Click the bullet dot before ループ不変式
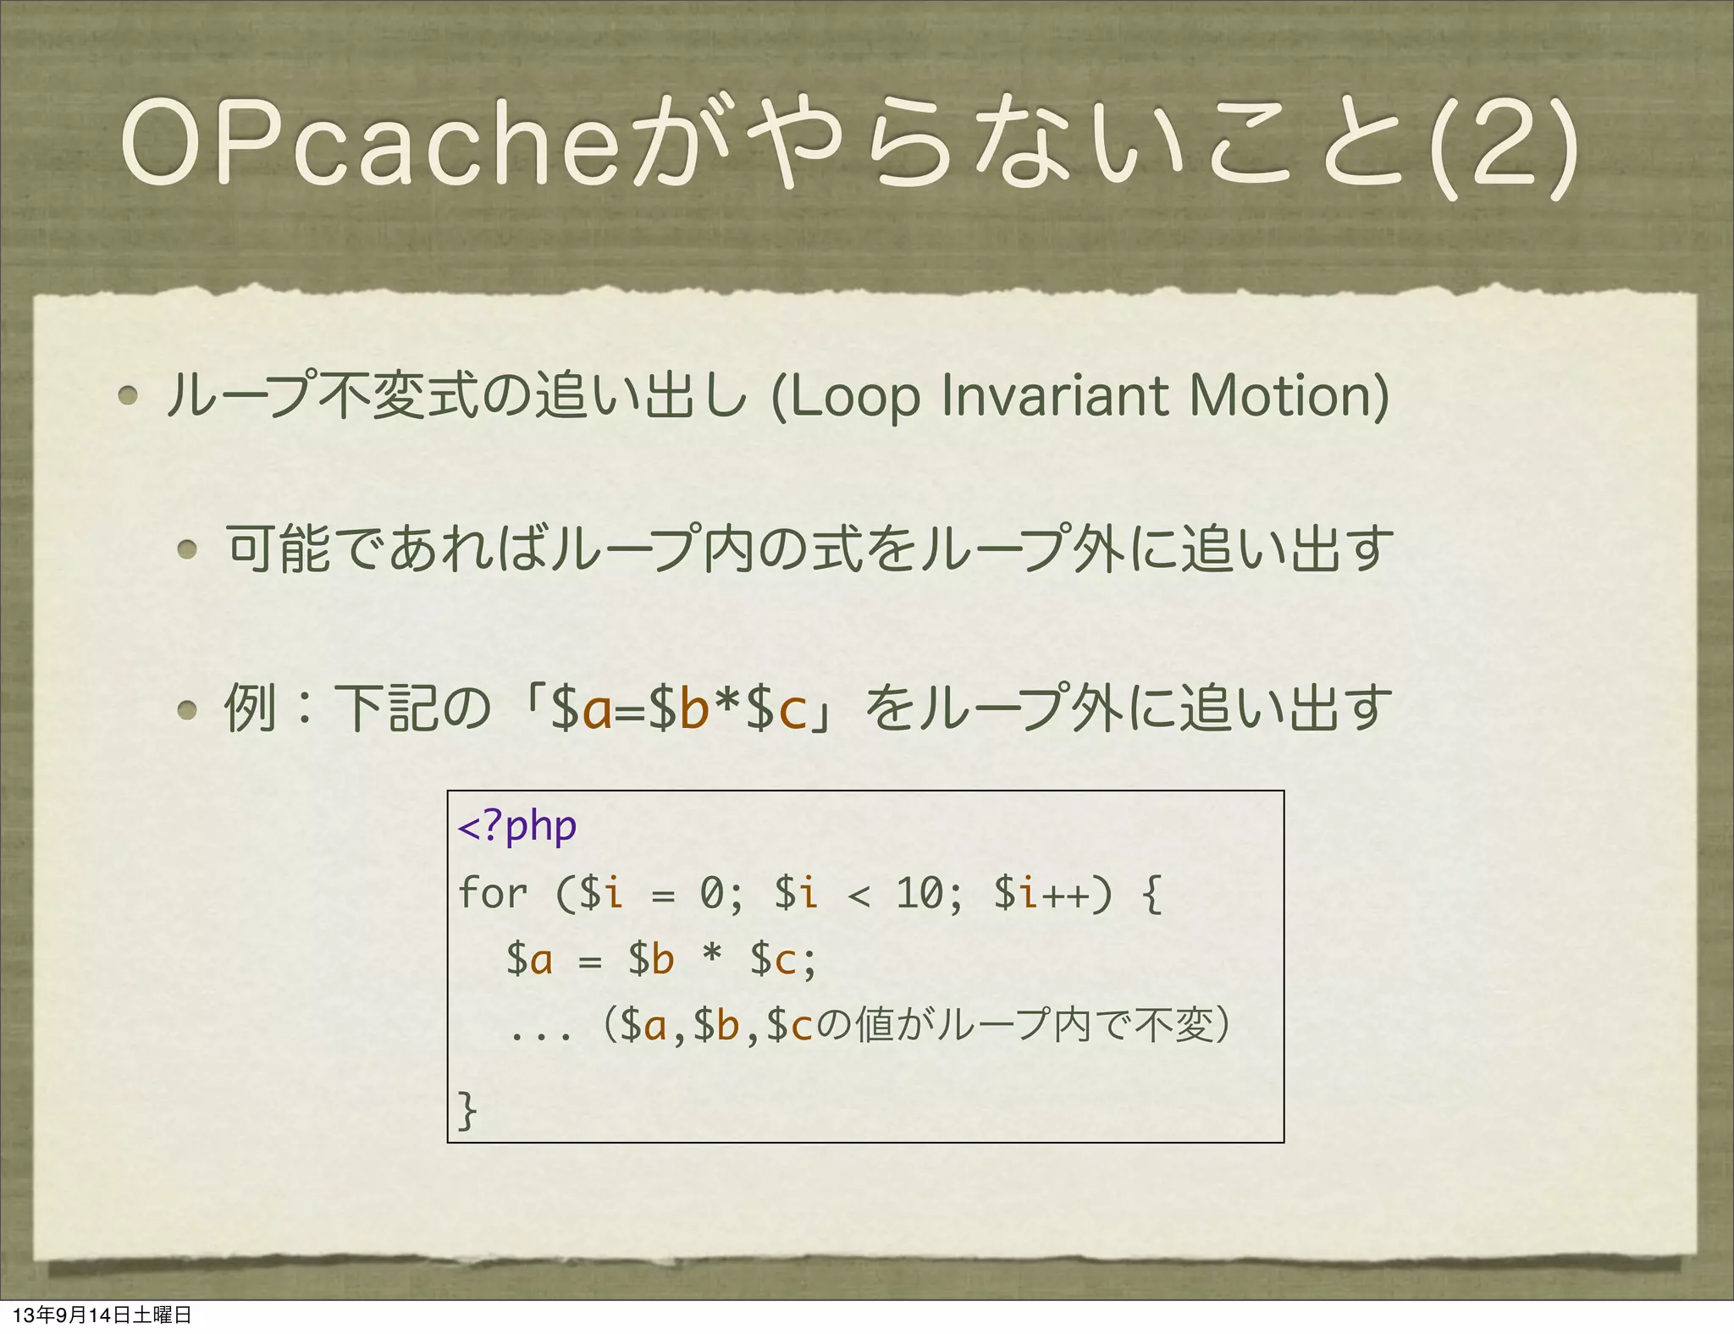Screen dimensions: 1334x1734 (129, 395)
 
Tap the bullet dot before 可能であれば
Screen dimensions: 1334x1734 (188, 549)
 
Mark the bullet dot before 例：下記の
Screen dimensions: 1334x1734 (188, 709)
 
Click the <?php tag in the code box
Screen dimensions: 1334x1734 (517, 826)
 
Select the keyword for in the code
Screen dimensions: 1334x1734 (493, 893)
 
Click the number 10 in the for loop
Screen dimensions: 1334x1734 (920, 893)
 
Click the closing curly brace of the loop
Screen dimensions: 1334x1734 (467, 1110)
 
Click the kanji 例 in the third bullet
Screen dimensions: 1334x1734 (250, 708)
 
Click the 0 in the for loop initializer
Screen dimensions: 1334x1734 (712, 893)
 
